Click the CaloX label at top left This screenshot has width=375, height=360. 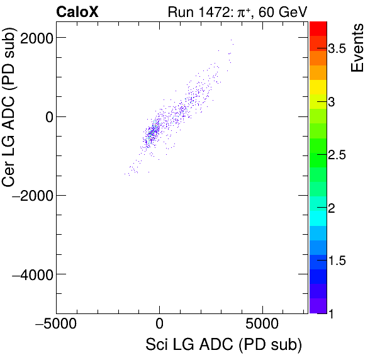click(77, 11)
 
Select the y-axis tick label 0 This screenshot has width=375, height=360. click(45, 116)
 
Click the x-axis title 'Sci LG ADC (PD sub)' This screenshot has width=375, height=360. click(223, 345)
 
